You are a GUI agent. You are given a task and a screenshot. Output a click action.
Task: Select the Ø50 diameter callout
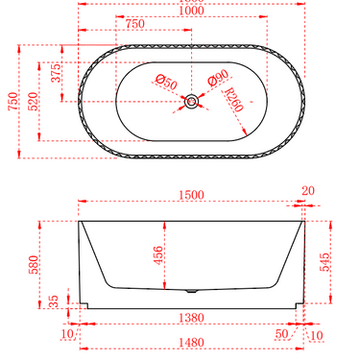(x=166, y=82)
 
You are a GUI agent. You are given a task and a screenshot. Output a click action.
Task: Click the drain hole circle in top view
(x=193, y=100)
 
